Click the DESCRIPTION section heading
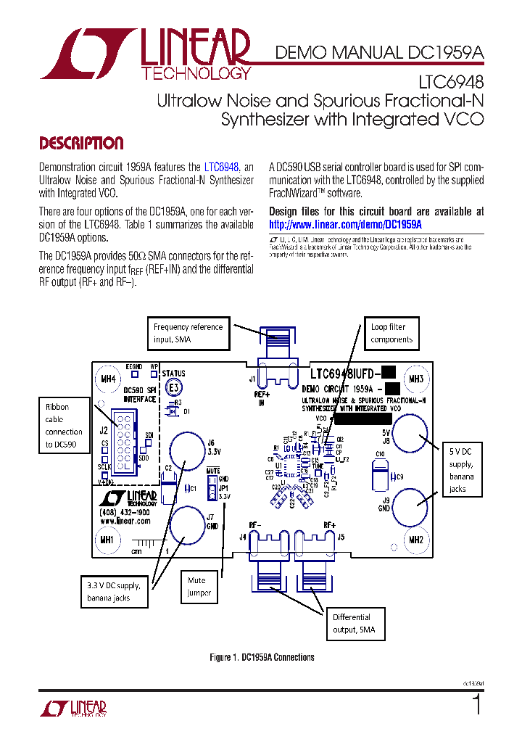[x=80, y=143]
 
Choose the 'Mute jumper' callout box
[x=199, y=587]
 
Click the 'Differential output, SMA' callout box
[x=355, y=623]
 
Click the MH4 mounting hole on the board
[x=107, y=379]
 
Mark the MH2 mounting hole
[x=415, y=540]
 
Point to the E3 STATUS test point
[x=174, y=388]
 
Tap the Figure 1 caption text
[x=262, y=657]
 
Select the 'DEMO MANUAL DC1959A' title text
[x=378, y=51]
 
